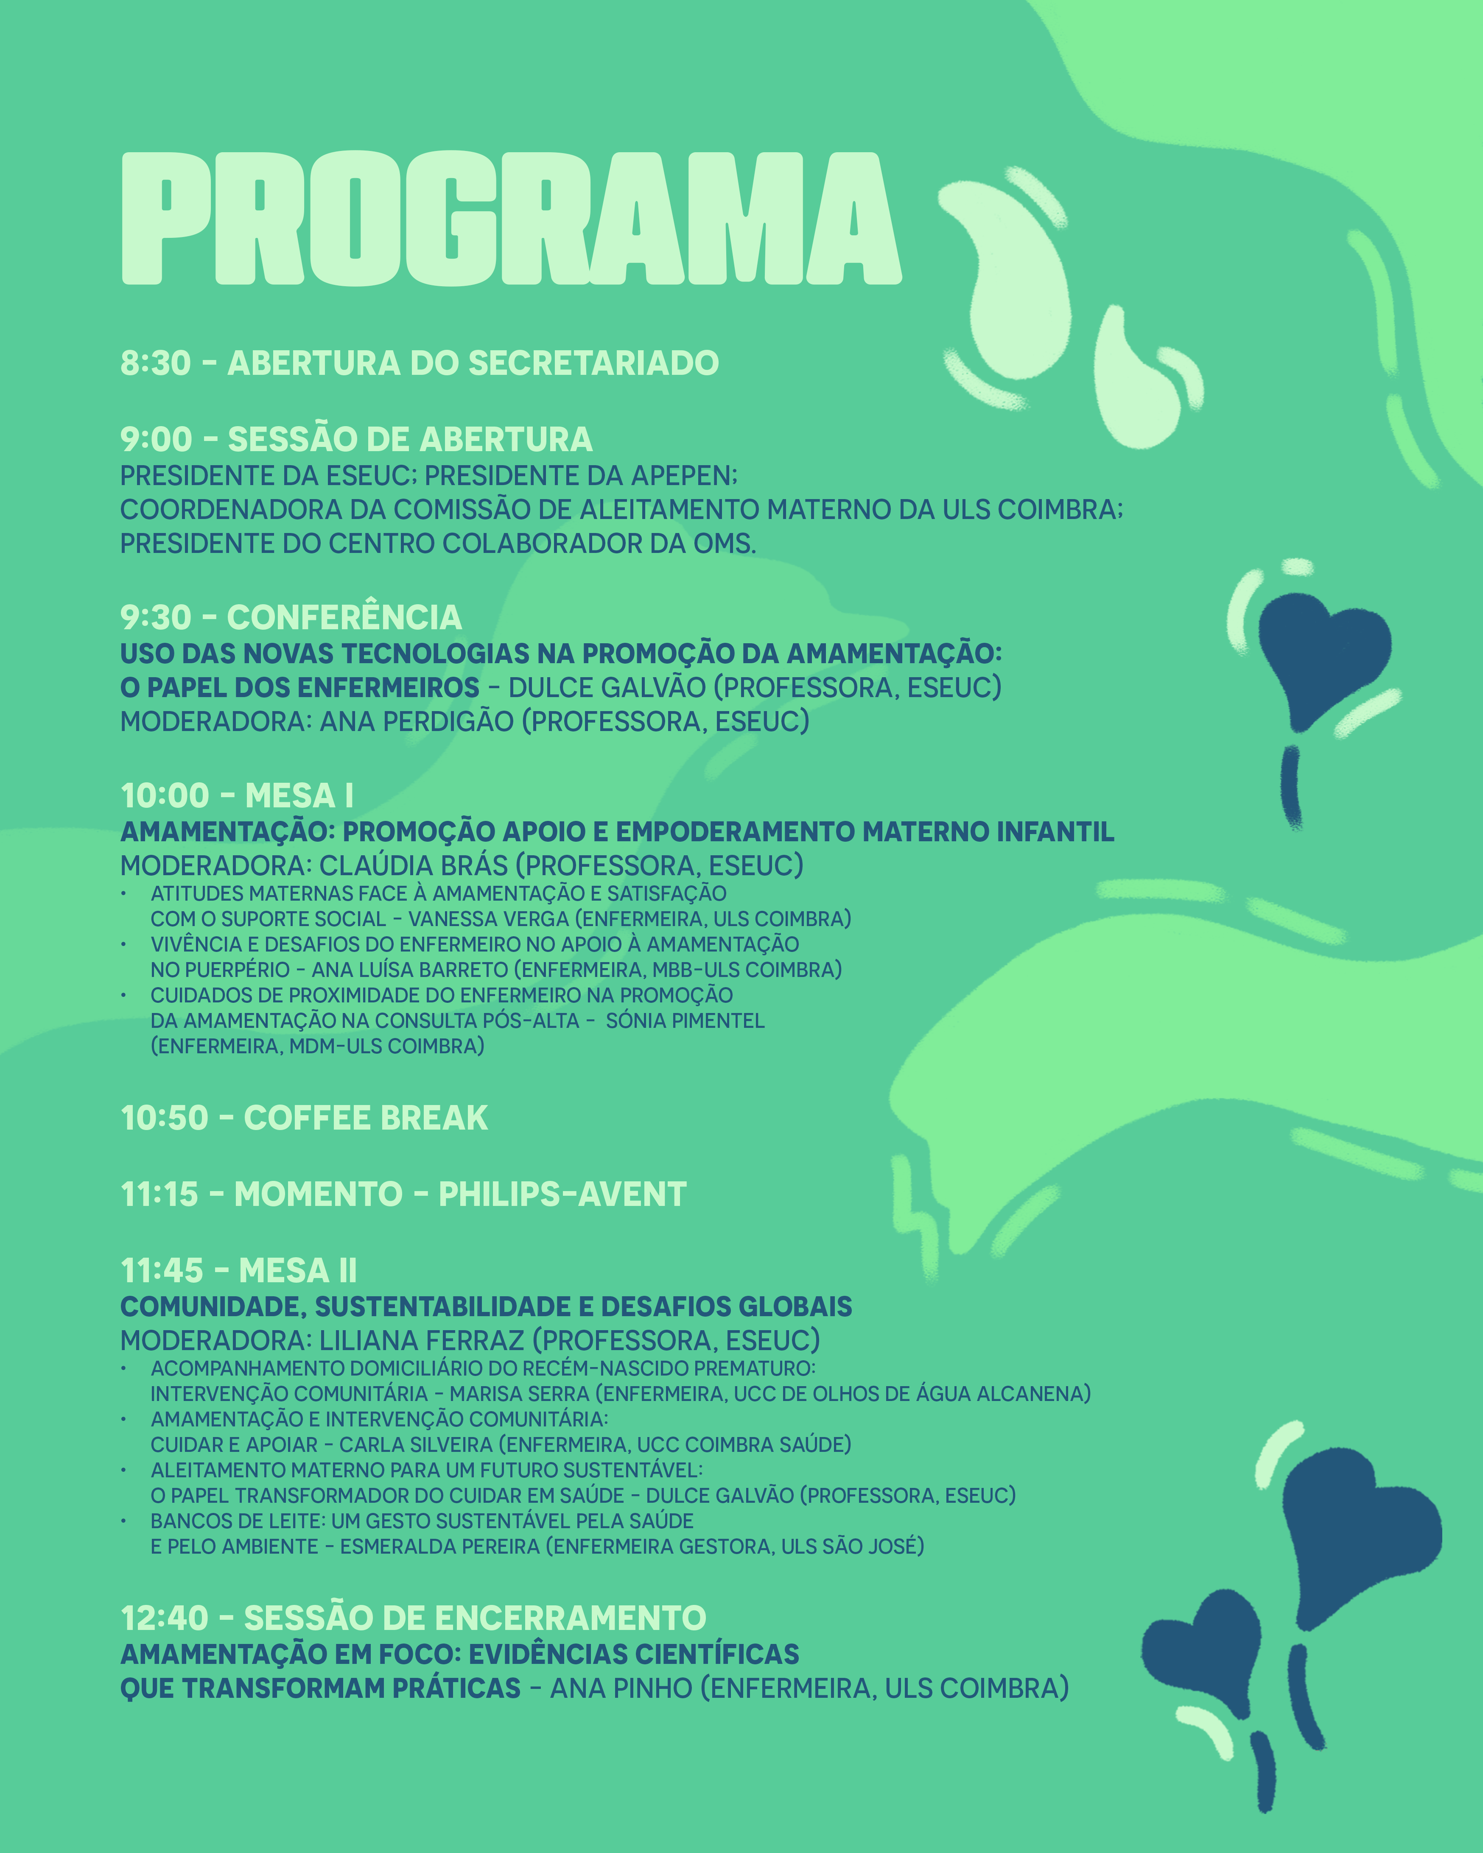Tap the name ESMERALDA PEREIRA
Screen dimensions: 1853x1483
(442, 1546)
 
